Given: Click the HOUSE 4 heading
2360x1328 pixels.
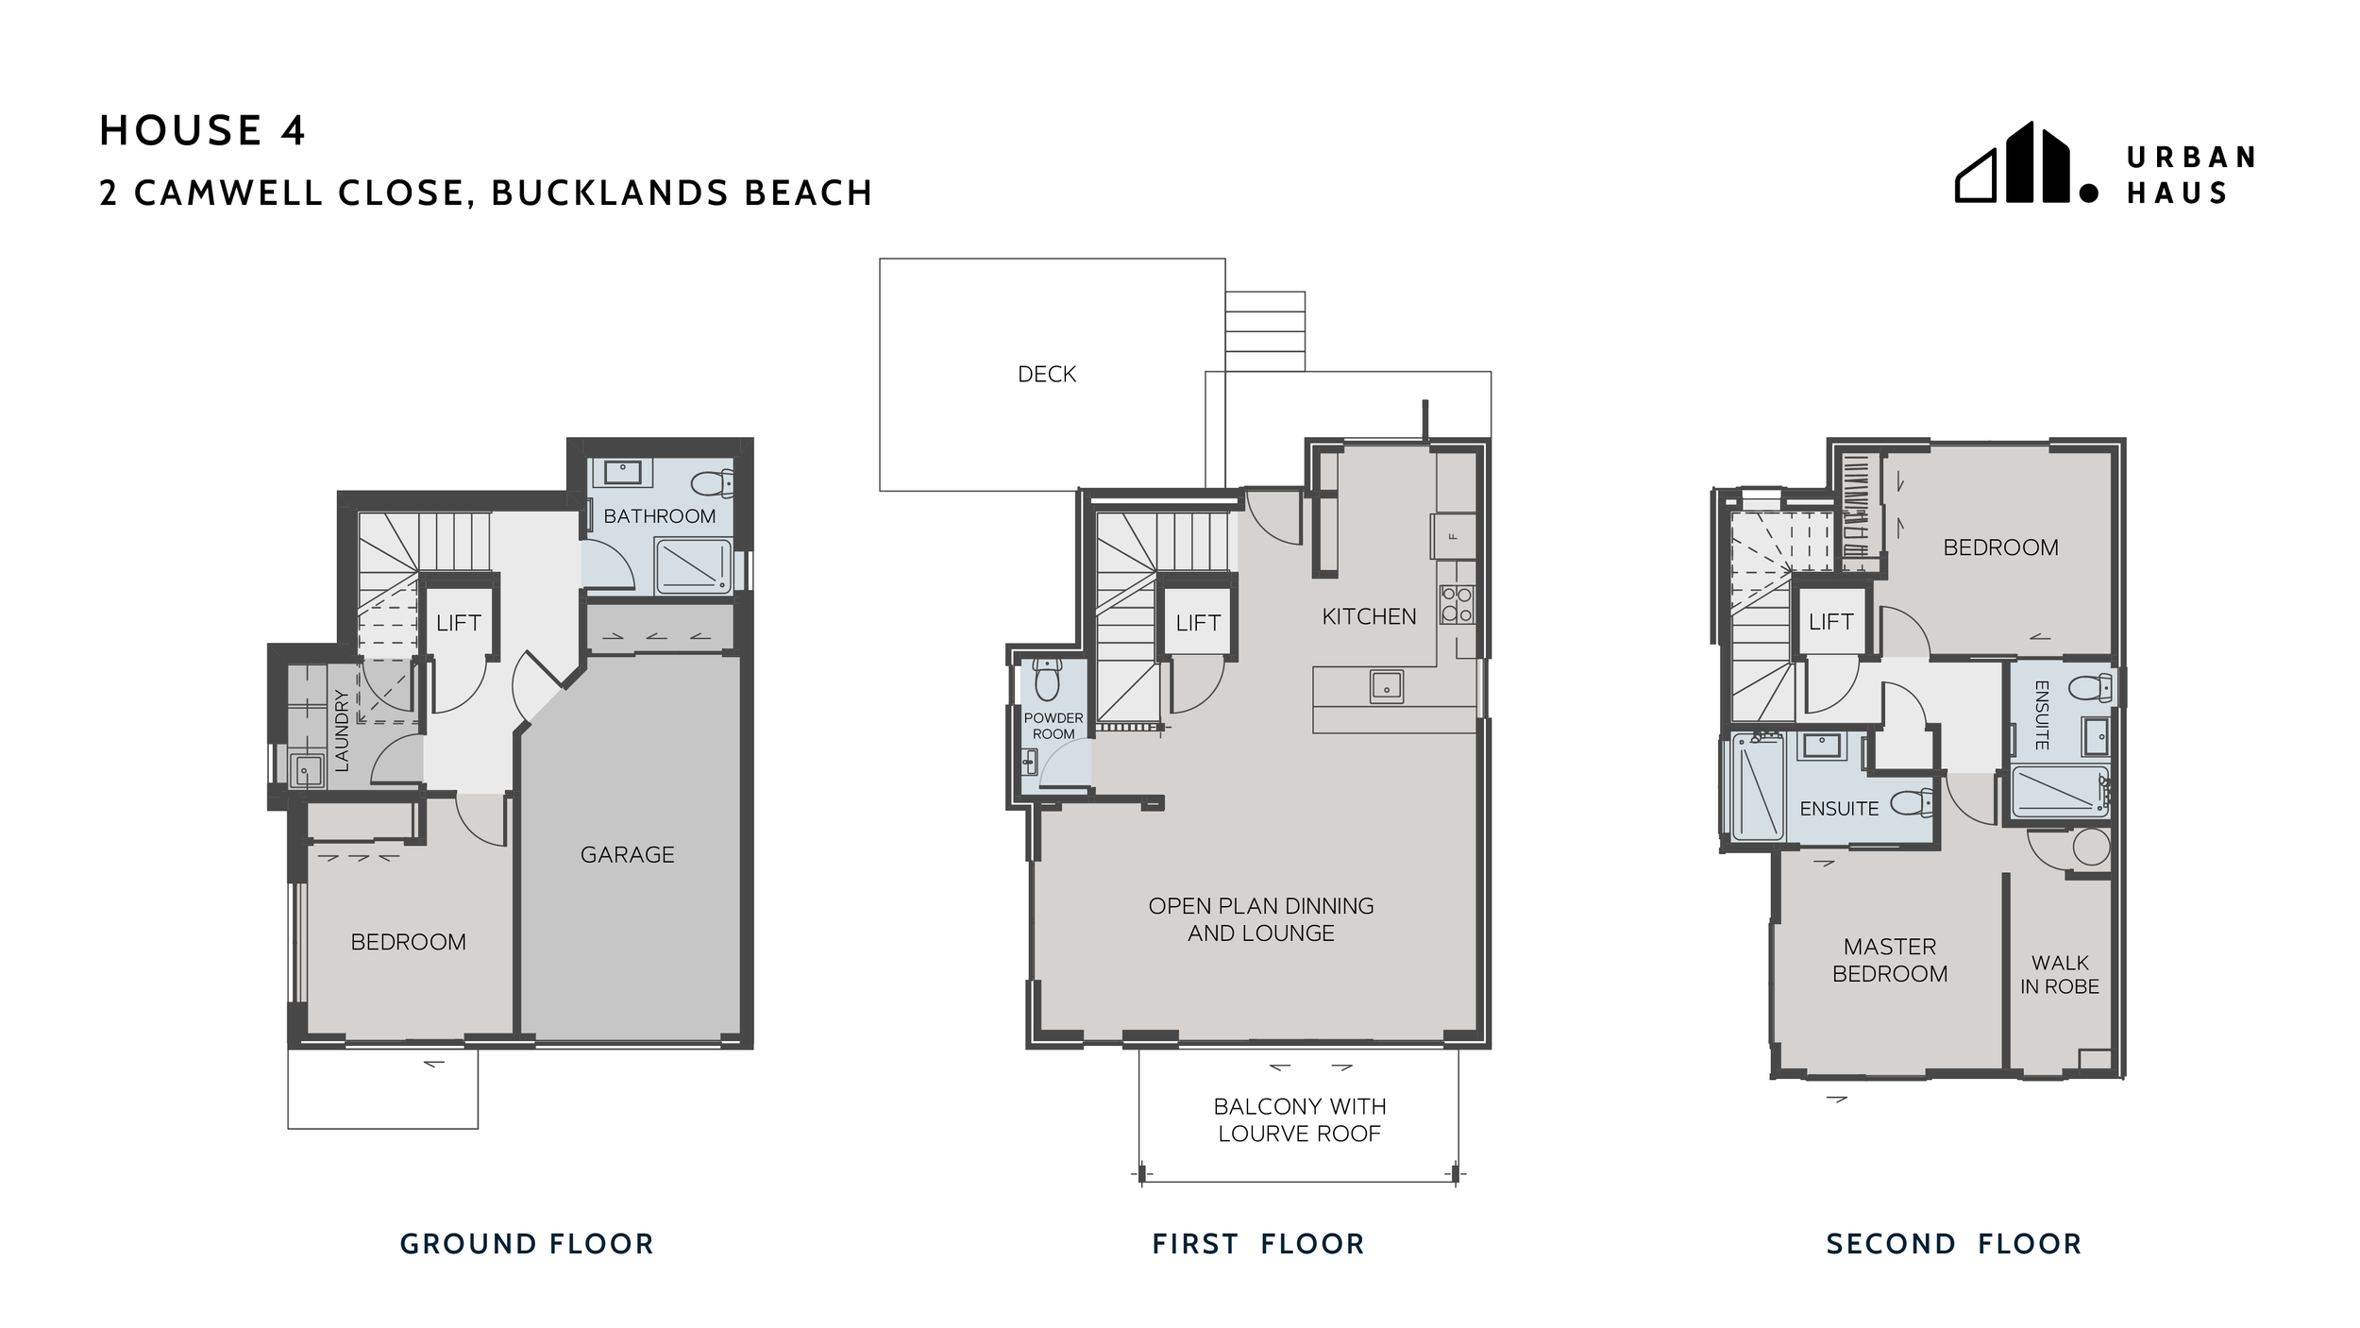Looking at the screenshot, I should [x=202, y=130].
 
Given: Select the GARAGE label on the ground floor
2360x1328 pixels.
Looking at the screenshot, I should [x=627, y=854].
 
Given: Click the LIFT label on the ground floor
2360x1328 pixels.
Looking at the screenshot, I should [x=459, y=623].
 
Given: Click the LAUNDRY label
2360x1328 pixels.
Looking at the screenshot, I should [x=342, y=730].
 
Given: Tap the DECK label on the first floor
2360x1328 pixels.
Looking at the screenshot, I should [x=1047, y=375].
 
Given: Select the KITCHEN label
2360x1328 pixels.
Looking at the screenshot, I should [x=1369, y=616].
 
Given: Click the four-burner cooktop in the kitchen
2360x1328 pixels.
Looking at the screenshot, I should [x=1457, y=604].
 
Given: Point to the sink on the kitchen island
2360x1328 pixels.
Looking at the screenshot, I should [x=1386, y=686].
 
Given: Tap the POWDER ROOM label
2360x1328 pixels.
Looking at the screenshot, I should [x=1054, y=726].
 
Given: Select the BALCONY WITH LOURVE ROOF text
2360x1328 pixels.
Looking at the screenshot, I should [x=1299, y=1119].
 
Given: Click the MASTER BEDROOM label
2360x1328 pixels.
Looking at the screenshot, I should [x=1890, y=960].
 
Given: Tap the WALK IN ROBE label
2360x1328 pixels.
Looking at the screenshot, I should [x=2059, y=975].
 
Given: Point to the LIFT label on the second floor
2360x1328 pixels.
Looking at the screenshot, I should [x=1831, y=622].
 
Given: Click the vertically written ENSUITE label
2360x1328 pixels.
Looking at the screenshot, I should [x=2041, y=715].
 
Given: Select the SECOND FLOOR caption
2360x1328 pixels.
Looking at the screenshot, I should [x=1954, y=1244].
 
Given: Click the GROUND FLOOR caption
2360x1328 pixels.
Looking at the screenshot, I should [x=527, y=1244].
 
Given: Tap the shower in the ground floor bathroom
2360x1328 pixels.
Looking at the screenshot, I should [x=693, y=566].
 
